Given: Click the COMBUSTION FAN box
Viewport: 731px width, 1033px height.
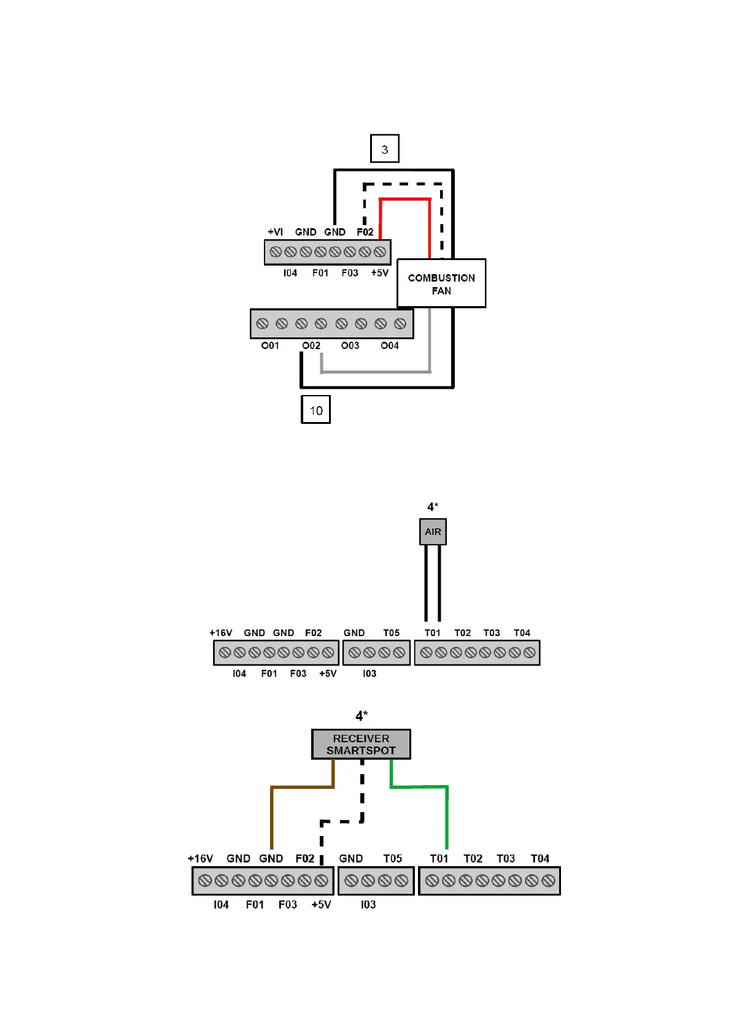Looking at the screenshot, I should tap(441, 283).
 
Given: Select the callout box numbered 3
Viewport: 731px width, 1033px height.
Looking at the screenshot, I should tap(385, 149).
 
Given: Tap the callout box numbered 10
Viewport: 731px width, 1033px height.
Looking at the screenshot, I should tap(315, 410).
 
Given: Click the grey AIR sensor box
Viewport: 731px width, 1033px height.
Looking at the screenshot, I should tap(433, 532).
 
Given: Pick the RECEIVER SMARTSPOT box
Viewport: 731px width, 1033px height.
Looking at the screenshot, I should tap(361, 744).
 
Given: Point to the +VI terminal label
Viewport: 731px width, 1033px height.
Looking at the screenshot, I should tap(275, 232).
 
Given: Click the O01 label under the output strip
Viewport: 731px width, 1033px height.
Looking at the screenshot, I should tap(270, 346).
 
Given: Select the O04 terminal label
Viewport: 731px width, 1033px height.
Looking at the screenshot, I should tap(389, 346).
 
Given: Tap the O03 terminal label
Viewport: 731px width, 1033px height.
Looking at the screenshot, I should tap(350, 346).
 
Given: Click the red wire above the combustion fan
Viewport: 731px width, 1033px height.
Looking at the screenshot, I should tap(405, 199).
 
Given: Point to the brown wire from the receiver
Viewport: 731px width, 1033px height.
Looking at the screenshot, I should tap(272, 816).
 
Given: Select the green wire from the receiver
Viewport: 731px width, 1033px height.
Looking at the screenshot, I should tap(447, 816).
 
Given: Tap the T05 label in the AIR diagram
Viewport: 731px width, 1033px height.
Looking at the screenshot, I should tap(391, 633).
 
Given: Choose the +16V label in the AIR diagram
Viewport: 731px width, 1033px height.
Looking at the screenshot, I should tap(221, 633).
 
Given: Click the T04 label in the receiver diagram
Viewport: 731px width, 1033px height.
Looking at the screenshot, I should tap(540, 859).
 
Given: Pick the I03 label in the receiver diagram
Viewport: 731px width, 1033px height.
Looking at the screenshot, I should tap(368, 905).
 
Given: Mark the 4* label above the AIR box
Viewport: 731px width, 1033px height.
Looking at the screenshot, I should tap(433, 507).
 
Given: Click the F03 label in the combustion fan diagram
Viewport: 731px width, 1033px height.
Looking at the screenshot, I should tap(350, 273).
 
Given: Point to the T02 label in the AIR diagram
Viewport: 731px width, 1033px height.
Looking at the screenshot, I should tap(462, 633).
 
